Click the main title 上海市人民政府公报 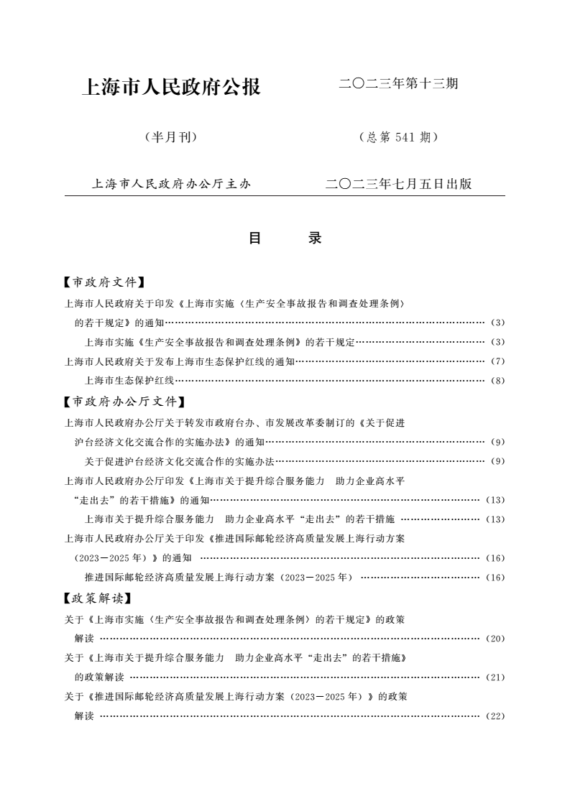click(x=172, y=88)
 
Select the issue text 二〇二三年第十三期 click(x=398, y=84)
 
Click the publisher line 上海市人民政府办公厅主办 click(x=171, y=184)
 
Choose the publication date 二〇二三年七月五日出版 click(x=398, y=184)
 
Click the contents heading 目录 click(x=285, y=238)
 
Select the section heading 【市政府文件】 click(x=105, y=282)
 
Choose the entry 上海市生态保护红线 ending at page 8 click(x=129, y=381)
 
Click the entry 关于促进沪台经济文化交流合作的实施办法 click(x=180, y=460)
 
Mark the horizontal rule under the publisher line click(x=285, y=196)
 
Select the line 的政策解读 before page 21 click(x=99, y=677)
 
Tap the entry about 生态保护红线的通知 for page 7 click(x=180, y=361)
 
